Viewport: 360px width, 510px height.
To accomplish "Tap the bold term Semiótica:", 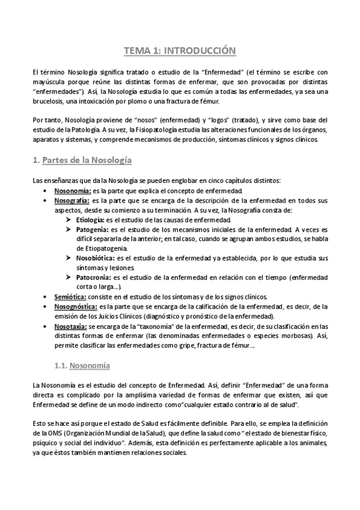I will (x=70, y=296).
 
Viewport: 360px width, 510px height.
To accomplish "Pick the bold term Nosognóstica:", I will (x=75, y=306).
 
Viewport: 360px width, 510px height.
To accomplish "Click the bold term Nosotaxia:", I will (x=70, y=325).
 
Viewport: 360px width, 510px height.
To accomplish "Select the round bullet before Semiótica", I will (x=46, y=296).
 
